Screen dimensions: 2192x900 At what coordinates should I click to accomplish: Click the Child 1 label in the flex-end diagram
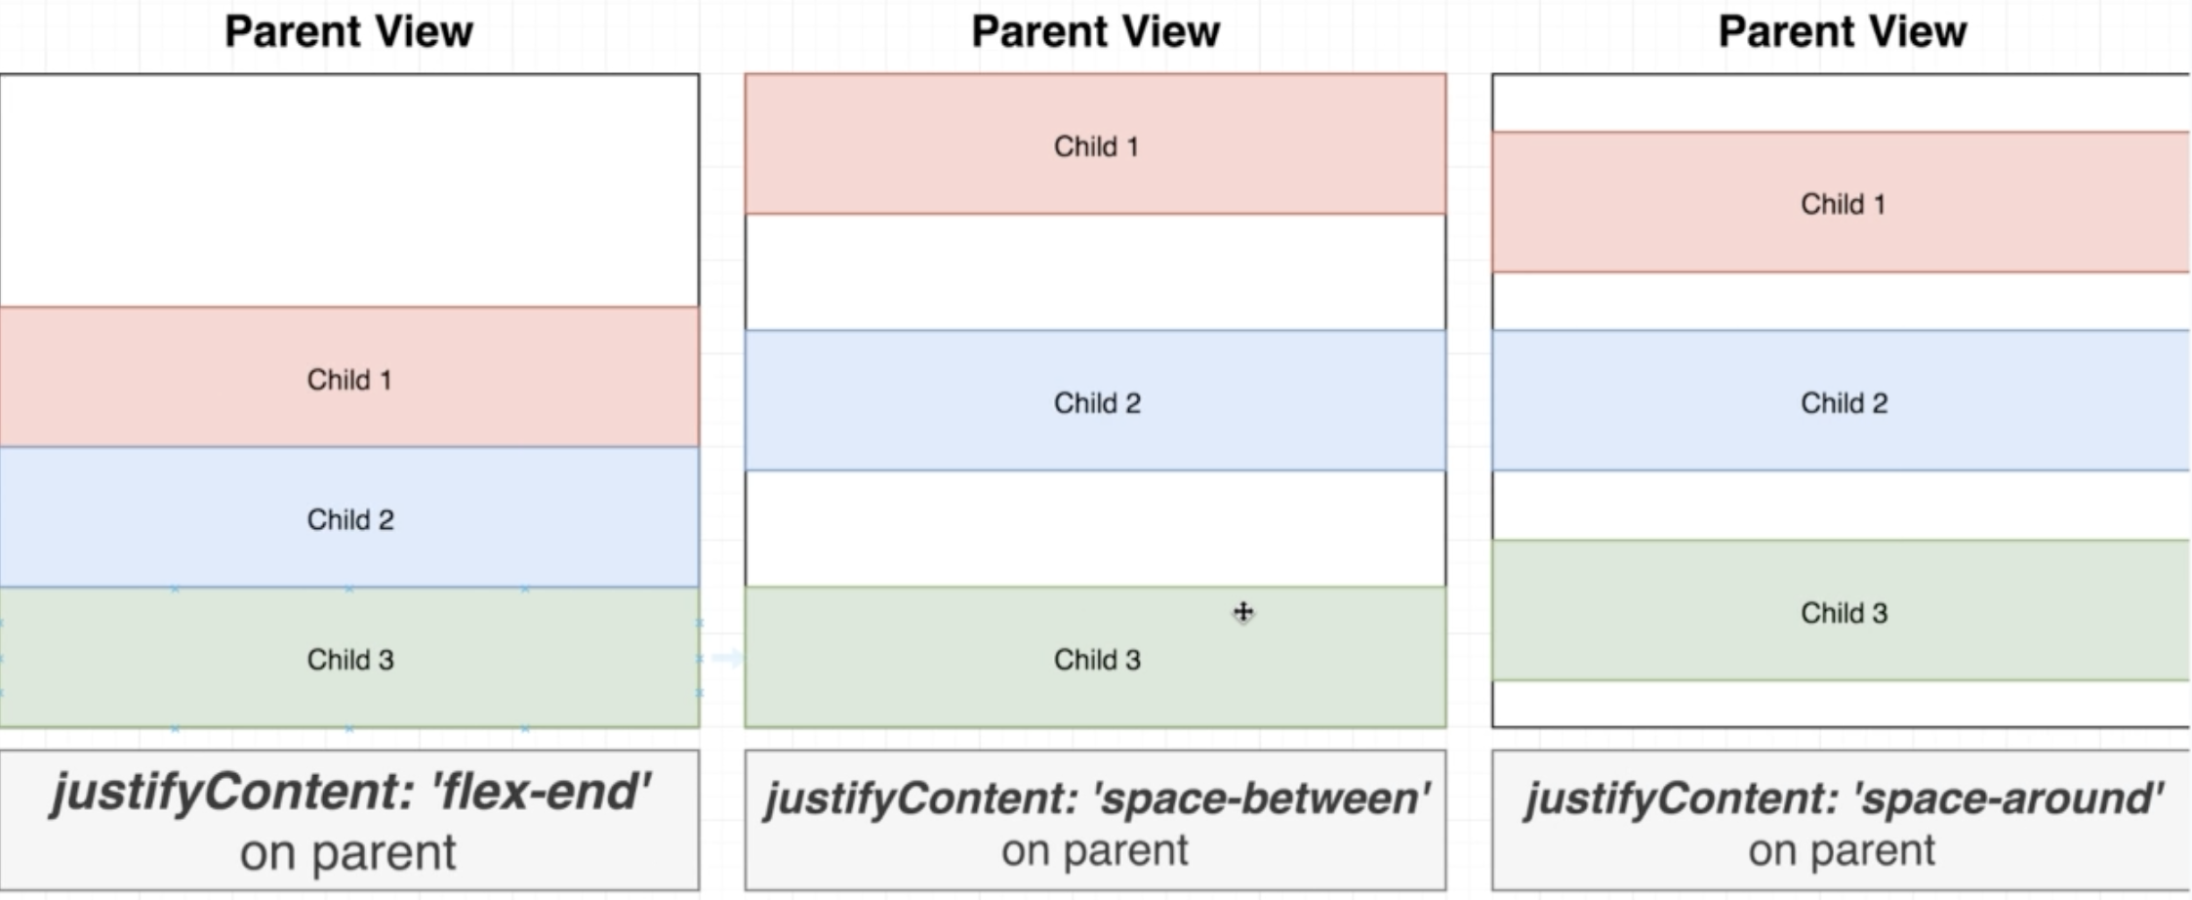tap(349, 380)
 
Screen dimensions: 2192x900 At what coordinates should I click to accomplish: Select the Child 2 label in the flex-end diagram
tap(350, 519)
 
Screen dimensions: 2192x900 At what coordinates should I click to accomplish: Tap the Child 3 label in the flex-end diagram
tap(350, 660)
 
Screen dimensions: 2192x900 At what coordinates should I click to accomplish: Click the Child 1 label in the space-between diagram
tap(1096, 146)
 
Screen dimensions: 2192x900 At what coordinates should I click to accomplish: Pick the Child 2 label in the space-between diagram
tap(1097, 403)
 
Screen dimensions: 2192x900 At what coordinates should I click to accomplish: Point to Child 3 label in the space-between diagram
tap(1097, 660)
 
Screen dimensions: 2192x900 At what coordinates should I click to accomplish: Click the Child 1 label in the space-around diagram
tap(1843, 204)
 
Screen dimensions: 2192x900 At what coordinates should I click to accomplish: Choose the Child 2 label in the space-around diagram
tap(1844, 403)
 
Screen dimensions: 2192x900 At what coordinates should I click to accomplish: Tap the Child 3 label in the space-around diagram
tap(1844, 613)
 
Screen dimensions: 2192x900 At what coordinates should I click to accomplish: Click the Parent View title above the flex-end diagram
tap(349, 31)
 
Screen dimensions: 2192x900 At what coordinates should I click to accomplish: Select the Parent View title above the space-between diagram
tap(1095, 31)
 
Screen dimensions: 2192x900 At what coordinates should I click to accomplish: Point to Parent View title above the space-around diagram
tap(1842, 31)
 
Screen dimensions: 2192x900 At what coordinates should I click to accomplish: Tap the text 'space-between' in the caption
tap(1263, 798)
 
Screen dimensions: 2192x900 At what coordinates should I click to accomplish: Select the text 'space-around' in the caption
tap(2010, 798)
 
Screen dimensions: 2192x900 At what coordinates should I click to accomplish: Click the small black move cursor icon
tap(1243, 613)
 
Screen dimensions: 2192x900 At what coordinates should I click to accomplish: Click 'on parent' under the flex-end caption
tap(348, 853)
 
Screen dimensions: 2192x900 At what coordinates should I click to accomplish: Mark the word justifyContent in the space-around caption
tap(1681, 798)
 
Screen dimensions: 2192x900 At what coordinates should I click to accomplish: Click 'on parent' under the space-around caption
tap(1842, 851)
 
